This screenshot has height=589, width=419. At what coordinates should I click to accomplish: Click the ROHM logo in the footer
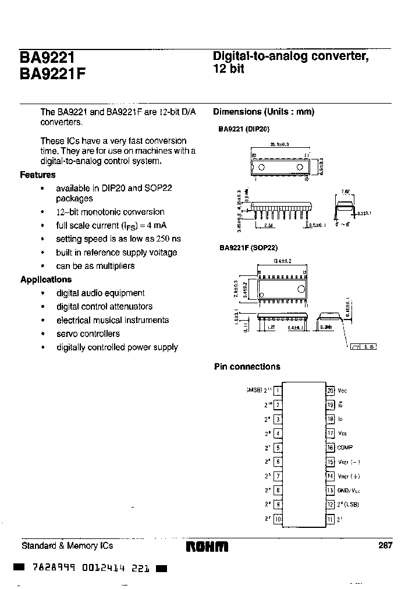[x=207, y=547]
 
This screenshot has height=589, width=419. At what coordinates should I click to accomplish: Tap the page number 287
[x=385, y=545]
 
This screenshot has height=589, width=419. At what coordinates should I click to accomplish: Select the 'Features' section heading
[x=38, y=175]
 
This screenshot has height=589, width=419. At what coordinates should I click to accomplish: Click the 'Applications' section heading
[x=46, y=279]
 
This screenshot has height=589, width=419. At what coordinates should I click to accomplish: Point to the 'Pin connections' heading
[x=247, y=367]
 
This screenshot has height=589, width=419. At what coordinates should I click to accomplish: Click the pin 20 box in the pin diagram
[x=330, y=391]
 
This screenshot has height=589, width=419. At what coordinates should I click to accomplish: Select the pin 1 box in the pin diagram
[x=278, y=391]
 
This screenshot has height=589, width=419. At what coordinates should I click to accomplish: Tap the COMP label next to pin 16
[x=345, y=448]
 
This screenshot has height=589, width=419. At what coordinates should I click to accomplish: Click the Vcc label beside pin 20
[x=343, y=391]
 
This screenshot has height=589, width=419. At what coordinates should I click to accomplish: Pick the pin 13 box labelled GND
[x=330, y=490]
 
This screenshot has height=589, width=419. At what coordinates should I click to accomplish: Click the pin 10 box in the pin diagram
[x=278, y=519]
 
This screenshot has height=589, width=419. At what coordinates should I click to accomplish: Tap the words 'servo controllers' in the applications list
[x=88, y=333]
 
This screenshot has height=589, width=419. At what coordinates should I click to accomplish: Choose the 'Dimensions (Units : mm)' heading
[x=264, y=112]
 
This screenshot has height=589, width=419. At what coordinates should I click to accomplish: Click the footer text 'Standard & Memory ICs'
[x=67, y=545]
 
